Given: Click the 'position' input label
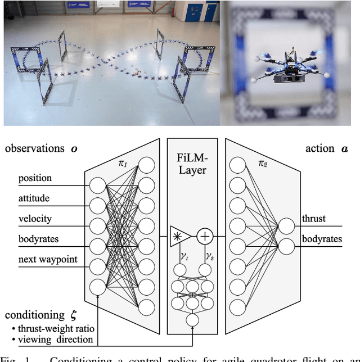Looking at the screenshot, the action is click(35, 178).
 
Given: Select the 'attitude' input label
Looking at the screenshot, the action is click(34, 198).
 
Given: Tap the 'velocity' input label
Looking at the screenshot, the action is click(35, 219).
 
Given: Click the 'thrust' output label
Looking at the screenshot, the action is click(313, 219).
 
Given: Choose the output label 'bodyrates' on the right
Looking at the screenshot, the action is click(322, 239).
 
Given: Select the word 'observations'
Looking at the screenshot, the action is click(34, 148).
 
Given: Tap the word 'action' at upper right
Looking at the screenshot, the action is click(319, 148).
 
